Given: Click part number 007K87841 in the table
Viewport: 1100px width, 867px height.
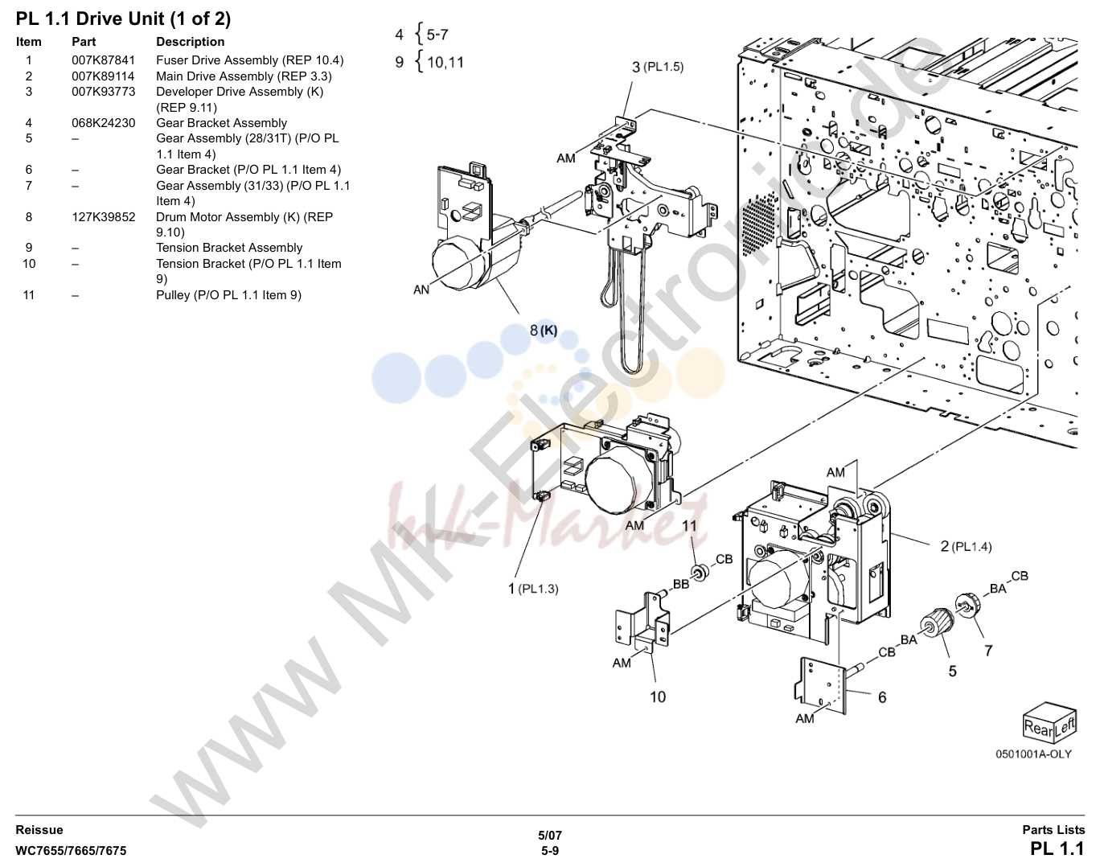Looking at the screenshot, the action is tap(103, 60).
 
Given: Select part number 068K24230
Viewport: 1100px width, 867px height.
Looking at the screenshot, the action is tap(103, 123).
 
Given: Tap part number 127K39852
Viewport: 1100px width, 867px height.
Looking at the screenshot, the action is tap(103, 217).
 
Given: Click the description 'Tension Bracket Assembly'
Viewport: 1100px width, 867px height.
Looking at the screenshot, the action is tap(229, 248).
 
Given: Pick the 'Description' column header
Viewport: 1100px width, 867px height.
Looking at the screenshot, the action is tap(190, 42).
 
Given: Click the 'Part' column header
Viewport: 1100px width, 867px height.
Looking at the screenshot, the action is tap(84, 42).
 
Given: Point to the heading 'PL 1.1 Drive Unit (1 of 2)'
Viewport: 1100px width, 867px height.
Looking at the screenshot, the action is tap(123, 19).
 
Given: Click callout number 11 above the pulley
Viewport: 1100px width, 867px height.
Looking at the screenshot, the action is tap(689, 526).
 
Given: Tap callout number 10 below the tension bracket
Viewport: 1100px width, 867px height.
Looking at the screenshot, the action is tap(657, 697).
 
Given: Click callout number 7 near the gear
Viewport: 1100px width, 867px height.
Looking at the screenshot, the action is tap(988, 651).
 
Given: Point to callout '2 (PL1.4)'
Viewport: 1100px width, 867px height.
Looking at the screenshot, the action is tap(966, 546).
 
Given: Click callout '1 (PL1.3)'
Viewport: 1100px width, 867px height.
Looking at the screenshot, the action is tap(533, 589).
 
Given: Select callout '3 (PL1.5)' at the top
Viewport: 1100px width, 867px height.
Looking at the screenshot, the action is tap(658, 67).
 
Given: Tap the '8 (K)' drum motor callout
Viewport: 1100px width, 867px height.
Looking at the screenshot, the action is tap(544, 331).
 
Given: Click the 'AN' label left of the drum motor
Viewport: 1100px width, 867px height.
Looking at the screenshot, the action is tap(421, 290).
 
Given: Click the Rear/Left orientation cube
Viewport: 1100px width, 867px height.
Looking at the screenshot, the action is tap(1049, 723).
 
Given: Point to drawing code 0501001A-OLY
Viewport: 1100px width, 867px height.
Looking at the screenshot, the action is tap(1033, 754).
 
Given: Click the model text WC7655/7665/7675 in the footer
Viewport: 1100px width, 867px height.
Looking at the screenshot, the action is tap(71, 851).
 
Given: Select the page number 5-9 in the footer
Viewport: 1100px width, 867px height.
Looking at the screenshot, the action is tap(550, 851).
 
